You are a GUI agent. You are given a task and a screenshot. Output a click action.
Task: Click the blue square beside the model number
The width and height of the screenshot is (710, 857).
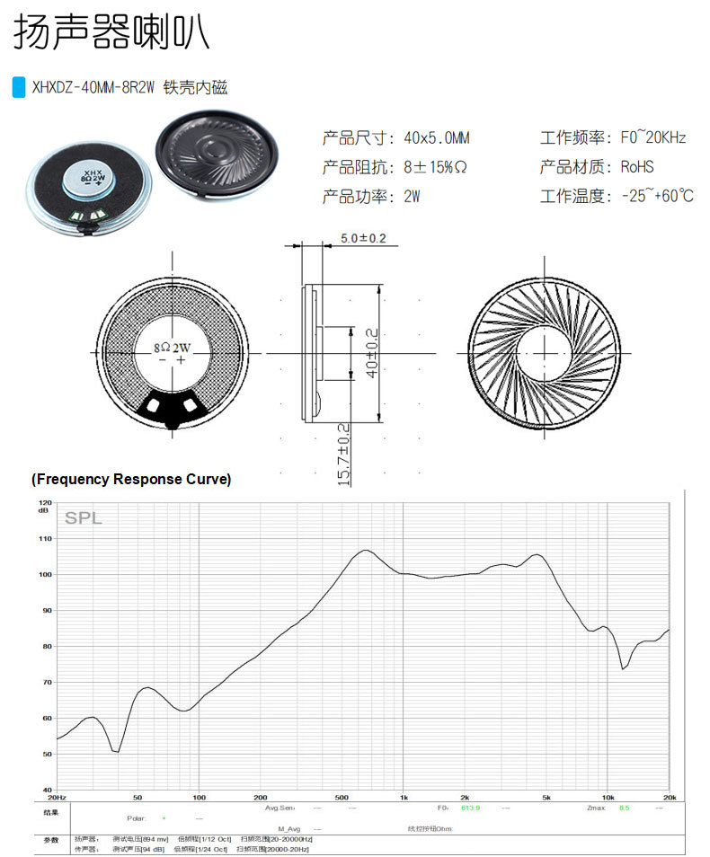(18, 88)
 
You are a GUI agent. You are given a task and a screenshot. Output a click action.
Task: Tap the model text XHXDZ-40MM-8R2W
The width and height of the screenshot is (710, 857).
(93, 88)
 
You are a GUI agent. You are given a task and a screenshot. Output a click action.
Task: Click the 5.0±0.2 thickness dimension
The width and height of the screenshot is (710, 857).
(363, 238)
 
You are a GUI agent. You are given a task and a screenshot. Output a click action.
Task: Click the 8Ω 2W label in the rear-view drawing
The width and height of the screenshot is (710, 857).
(173, 346)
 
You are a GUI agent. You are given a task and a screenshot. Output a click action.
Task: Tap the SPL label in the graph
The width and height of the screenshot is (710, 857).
(83, 518)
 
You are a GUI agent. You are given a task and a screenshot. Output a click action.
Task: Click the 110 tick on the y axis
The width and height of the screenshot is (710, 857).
(46, 538)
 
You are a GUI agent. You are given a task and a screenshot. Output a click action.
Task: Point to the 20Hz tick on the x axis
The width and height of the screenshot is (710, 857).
(57, 797)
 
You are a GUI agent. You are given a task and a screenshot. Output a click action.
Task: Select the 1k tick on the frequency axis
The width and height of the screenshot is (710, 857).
(404, 797)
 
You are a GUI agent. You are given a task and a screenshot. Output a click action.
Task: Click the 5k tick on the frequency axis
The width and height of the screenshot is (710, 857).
(546, 797)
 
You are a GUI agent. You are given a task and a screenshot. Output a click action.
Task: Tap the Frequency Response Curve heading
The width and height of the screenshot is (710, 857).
(131, 479)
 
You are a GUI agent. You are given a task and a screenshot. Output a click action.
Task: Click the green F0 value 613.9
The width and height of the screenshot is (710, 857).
(471, 808)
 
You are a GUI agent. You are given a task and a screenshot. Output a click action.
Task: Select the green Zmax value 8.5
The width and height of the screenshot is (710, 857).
(624, 808)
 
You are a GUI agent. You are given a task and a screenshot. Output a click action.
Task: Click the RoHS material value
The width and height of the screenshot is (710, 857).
(637, 167)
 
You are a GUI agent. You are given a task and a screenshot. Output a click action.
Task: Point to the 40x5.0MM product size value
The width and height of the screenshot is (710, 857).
(437, 138)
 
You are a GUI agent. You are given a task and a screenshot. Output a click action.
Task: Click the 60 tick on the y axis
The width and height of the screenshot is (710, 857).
(46, 718)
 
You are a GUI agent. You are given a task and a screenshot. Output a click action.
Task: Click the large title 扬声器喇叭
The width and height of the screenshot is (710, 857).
(111, 33)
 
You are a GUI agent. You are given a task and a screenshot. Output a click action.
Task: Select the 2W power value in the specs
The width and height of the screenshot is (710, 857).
(413, 196)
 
